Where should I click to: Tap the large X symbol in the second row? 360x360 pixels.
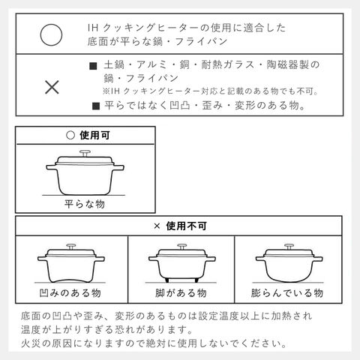52,87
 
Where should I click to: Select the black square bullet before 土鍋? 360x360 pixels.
93,66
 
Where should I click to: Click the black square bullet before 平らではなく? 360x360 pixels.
96,106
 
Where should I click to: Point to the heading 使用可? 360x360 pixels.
94,135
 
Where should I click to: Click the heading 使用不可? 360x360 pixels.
187,226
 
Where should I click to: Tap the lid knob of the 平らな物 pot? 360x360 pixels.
85,153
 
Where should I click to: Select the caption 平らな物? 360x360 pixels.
85,204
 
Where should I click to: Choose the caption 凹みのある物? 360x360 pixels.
70,292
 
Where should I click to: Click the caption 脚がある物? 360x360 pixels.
181,292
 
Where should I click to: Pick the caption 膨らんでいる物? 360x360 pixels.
287,292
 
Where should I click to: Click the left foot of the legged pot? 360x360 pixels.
167,280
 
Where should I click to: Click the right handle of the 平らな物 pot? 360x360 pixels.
118,167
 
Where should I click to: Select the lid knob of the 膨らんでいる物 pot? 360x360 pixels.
289,247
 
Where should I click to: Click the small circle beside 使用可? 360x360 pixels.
70,135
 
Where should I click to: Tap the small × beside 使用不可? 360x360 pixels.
157,226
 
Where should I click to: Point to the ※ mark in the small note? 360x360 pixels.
106,91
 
